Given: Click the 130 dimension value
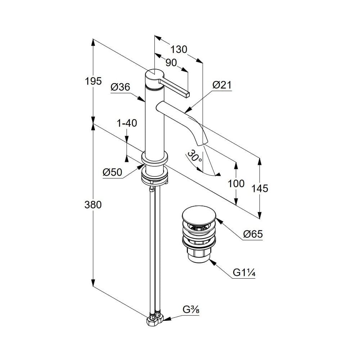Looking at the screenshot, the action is pyautogui.click(x=179, y=49).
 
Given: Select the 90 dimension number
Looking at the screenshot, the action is pyautogui.click(x=171, y=63).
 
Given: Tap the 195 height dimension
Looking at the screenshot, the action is pyautogui.click(x=93, y=81).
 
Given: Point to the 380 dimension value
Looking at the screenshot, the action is pyautogui.click(x=93, y=204).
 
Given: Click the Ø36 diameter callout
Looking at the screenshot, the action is pyautogui.click(x=120, y=87).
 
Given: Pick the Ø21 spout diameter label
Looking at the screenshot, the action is pyautogui.click(x=222, y=85).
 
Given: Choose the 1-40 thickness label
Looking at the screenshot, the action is pyautogui.click(x=127, y=123).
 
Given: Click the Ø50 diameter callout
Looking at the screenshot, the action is pyautogui.click(x=112, y=172).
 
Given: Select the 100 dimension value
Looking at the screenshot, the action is pyautogui.click(x=236, y=184).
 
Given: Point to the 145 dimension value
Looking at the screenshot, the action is pyautogui.click(x=260, y=189).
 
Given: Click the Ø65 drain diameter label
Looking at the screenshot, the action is pyautogui.click(x=253, y=234).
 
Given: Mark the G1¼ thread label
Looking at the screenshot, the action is pyautogui.click(x=244, y=273).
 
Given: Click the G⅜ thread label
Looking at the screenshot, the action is pyautogui.click(x=191, y=310).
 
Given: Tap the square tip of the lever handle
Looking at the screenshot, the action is pyautogui.click(x=188, y=94).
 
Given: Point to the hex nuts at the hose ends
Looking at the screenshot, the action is pyautogui.click(x=155, y=319).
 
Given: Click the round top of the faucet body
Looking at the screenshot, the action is pyautogui.click(x=154, y=75).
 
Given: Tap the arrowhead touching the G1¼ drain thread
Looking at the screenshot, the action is pyautogui.click(x=212, y=262).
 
